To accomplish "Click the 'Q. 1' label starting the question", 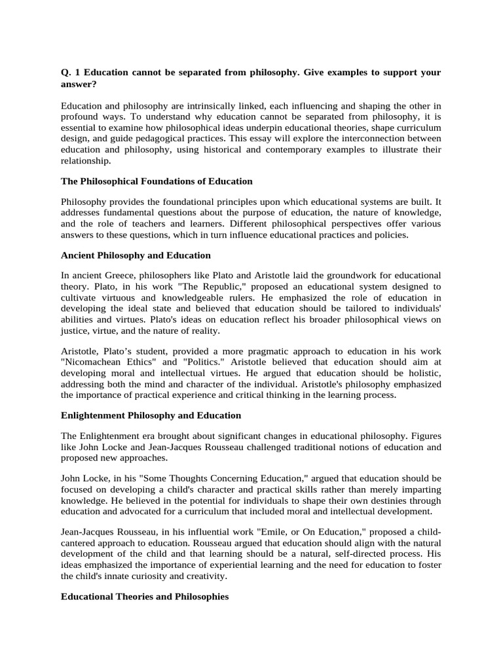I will coord(69,71).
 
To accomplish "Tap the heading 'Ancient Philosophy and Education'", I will coord(136,255).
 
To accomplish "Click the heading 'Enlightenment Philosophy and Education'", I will coord(151,415).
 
